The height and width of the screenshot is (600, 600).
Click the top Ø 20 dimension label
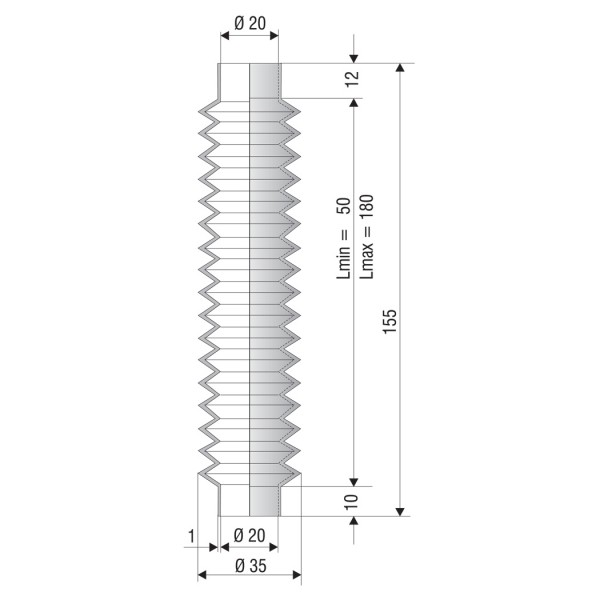[250, 23]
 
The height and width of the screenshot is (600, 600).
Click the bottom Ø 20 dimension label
[249, 535]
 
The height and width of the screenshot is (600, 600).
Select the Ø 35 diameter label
[251, 566]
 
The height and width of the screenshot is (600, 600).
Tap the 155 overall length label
[390, 321]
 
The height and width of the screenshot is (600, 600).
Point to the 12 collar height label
[352, 79]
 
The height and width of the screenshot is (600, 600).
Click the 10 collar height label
[352, 502]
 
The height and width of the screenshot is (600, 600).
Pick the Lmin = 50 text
[343, 238]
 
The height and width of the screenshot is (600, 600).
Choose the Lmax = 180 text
[366, 237]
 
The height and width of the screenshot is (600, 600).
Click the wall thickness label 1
[191, 536]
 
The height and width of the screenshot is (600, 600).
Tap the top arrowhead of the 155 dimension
[400, 68]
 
